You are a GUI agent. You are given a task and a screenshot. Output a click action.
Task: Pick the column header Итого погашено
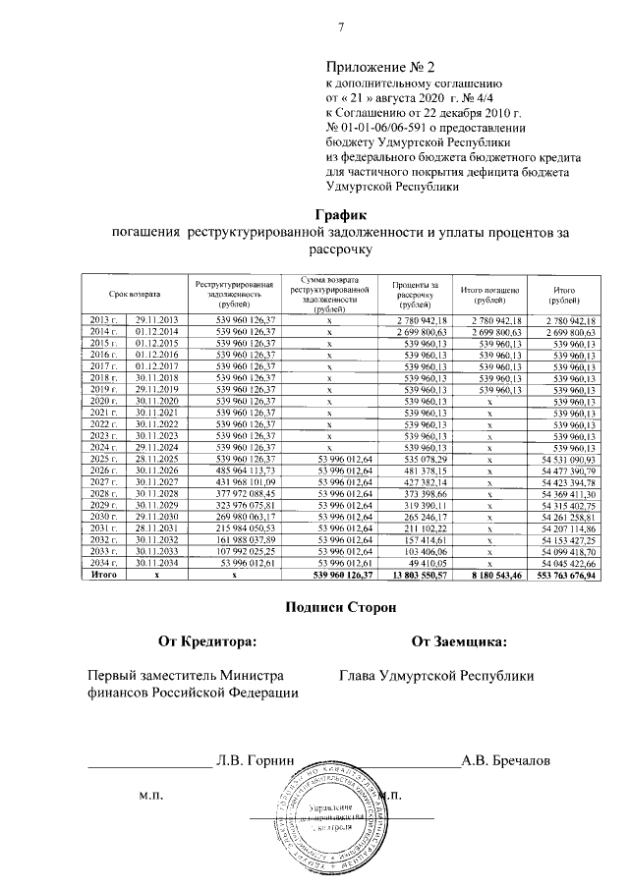(489, 294)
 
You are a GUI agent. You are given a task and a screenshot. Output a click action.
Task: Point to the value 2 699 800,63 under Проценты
(422, 331)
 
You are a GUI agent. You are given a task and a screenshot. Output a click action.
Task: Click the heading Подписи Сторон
(340, 608)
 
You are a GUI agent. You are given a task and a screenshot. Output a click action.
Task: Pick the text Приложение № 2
(380, 68)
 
